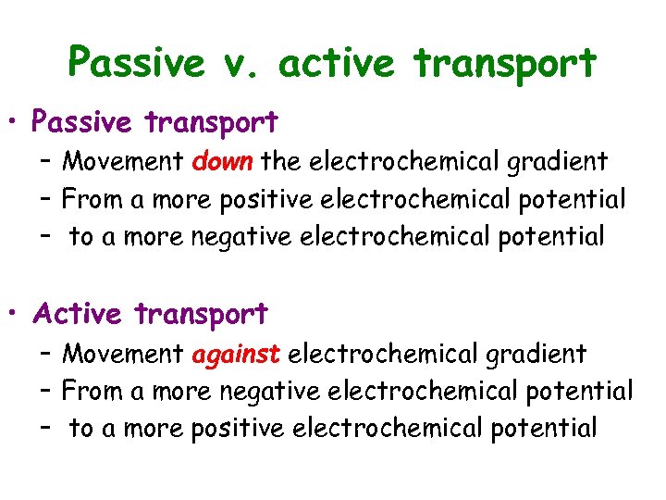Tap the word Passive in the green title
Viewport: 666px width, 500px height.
click(x=136, y=64)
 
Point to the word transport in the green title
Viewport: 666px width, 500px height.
click(x=504, y=65)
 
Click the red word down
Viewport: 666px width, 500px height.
click(x=223, y=161)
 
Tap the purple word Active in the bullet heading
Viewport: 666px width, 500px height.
click(x=77, y=314)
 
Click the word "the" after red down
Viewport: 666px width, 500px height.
click(x=280, y=161)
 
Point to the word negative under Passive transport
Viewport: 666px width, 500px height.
click(x=262, y=237)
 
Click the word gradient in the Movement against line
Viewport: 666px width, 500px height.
click(x=534, y=354)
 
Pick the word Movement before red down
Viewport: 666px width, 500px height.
click(x=122, y=161)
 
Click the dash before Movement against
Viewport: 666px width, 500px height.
click(x=46, y=353)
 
